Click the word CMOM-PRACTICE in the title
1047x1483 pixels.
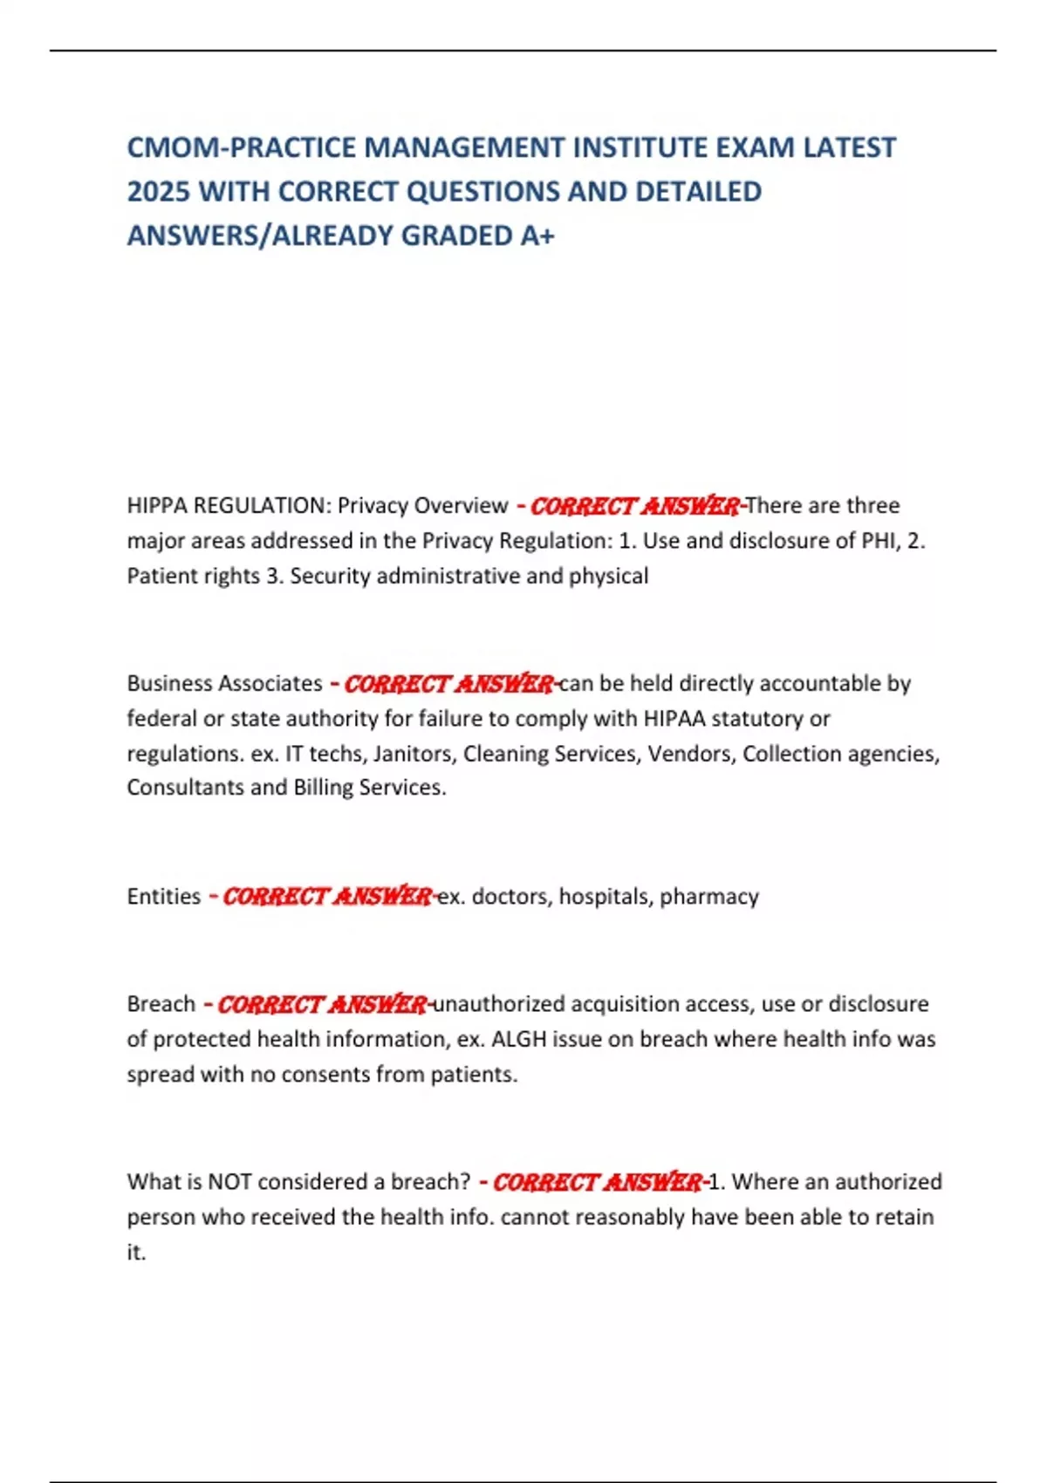click(242, 147)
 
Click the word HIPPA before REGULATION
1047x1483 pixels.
click(156, 506)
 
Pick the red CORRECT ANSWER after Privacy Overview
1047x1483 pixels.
click(634, 506)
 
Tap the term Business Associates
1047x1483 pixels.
click(224, 683)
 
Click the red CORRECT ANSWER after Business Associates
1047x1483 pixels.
click(448, 683)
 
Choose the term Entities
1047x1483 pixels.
click(163, 897)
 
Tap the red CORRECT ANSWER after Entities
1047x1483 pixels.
click(326, 897)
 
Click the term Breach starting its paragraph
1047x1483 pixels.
click(161, 1004)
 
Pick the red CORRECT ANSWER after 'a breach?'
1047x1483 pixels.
click(597, 1182)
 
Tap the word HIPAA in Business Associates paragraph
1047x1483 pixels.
click(673, 719)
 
